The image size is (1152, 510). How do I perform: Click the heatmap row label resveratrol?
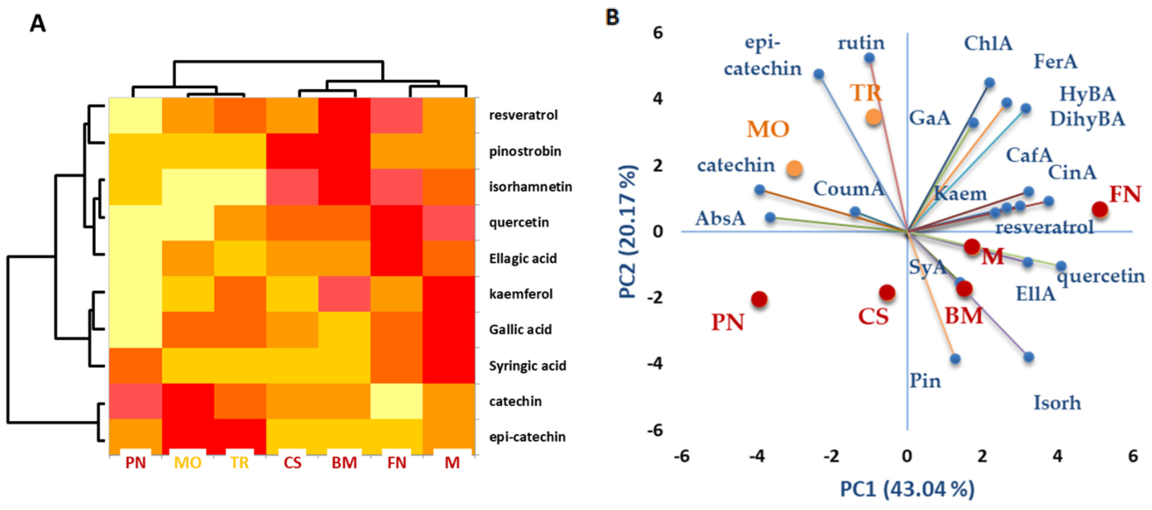(523, 115)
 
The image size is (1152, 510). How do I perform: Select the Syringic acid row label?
(527, 366)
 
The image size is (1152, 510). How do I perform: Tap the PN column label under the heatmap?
(136, 463)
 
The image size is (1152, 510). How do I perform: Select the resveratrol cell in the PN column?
(136, 115)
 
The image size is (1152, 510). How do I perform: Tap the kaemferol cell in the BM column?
(344, 294)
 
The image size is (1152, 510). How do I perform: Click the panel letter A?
(38, 23)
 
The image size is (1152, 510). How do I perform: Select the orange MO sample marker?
(795, 169)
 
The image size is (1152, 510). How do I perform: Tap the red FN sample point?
(1100, 209)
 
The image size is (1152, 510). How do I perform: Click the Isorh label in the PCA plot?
(1057, 403)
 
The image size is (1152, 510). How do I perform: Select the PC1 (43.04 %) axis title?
(907, 489)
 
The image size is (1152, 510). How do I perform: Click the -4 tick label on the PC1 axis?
(757, 456)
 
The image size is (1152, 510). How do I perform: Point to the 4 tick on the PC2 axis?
(658, 98)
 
